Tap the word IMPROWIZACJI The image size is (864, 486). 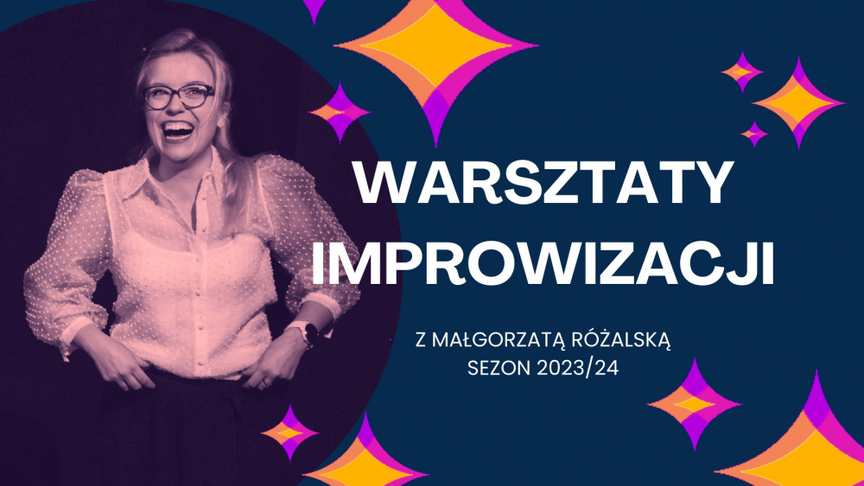click(542, 265)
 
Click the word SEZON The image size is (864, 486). click(495, 366)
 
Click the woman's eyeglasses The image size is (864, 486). click(178, 95)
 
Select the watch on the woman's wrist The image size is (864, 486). click(307, 332)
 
